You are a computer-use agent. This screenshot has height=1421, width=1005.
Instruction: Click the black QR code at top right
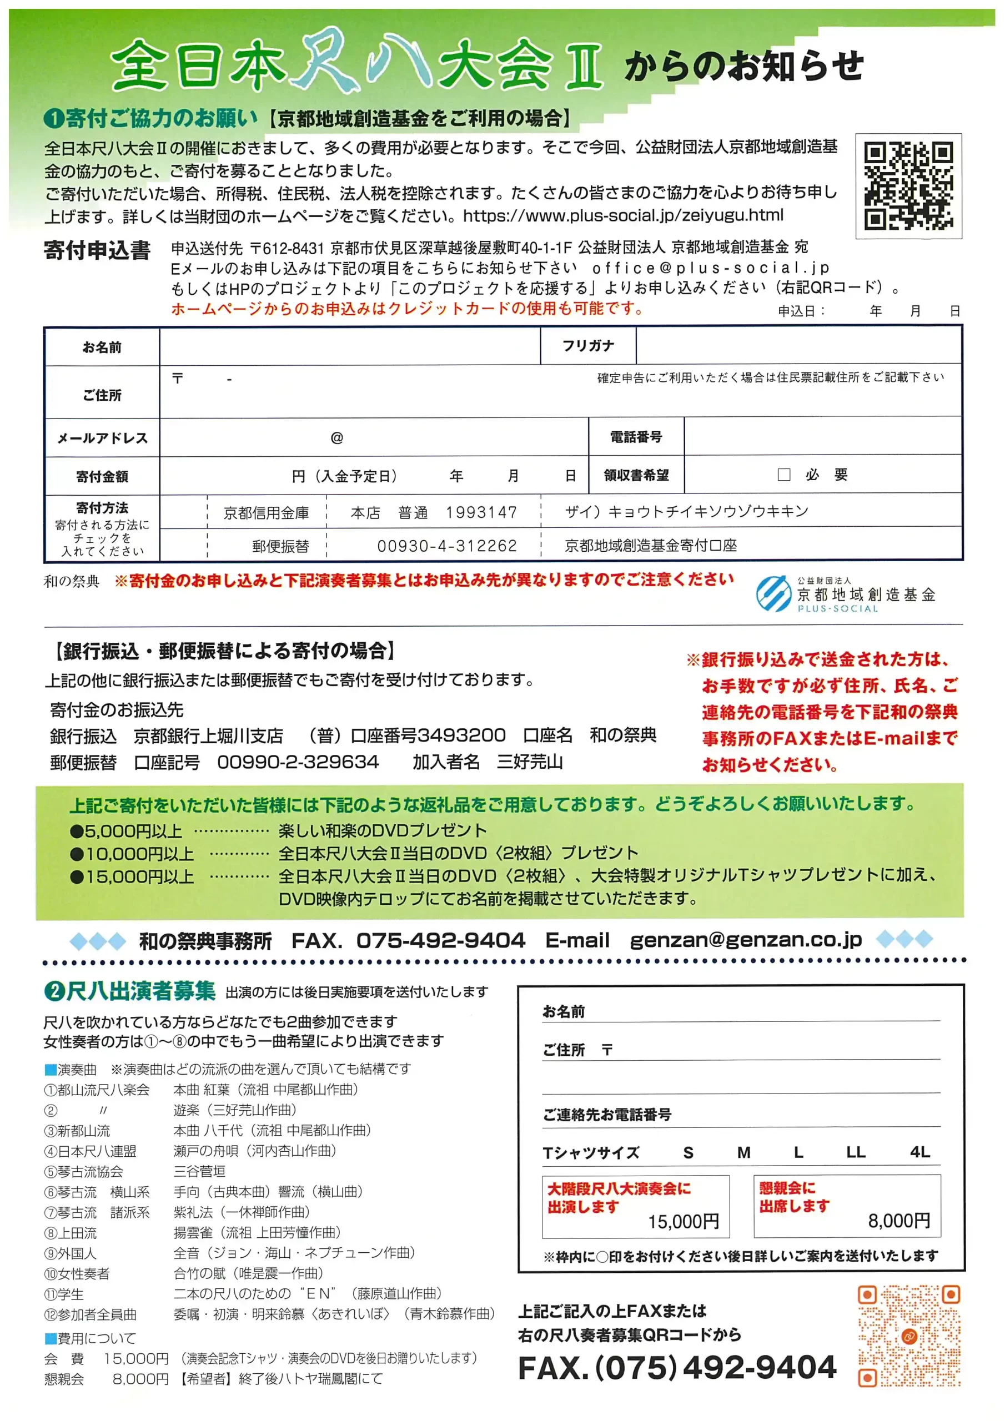pyautogui.click(x=908, y=185)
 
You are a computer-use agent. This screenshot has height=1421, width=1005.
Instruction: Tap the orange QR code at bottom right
pyautogui.click(x=908, y=1336)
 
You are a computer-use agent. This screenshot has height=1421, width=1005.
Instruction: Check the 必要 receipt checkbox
pyautogui.click(x=783, y=475)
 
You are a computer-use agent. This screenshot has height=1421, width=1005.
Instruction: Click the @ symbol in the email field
pyautogui.click(x=336, y=438)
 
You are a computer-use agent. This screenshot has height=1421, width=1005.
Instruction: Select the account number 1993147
pyautogui.click(x=481, y=512)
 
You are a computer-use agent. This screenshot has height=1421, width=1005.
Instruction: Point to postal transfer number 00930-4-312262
pyautogui.click(x=446, y=546)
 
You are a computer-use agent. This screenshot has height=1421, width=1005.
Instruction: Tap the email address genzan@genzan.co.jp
pyautogui.click(x=745, y=940)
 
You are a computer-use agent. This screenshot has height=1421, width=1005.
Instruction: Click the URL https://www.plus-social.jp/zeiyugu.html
pyautogui.click(x=623, y=215)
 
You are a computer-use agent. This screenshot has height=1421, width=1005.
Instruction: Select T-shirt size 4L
pyautogui.click(x=919, y=1152)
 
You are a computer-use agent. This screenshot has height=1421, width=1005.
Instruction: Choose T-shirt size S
pyautogui.click(x=688, y=1153)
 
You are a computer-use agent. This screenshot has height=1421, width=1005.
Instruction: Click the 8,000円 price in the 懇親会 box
pyautogui.click(x=898, y=1221)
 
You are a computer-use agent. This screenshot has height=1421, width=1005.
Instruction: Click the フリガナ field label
pyautogui.click(x=587, y=346)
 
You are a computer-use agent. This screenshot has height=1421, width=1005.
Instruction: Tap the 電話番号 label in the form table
pyautogui.click(x=635, y=437)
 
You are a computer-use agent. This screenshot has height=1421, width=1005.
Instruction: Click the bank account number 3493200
pyautogui.click(x=461, y=735)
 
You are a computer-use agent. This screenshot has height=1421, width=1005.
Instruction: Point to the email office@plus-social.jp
pyautogui.click(x=710, y=268)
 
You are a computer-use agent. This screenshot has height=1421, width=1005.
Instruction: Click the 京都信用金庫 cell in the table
pyautogui.click(x=267, y=513)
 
